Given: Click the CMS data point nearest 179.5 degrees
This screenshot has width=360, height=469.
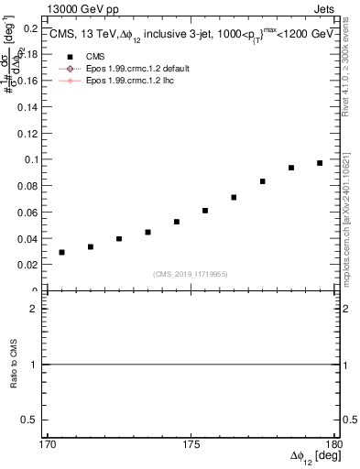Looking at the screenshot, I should click(320, 163).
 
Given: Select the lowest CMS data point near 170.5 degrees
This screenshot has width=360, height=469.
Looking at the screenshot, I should click(61, 252).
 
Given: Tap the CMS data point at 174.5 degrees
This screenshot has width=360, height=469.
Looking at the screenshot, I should click(176, 222).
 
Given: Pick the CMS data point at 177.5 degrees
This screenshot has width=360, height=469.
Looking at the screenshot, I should click(262, 181).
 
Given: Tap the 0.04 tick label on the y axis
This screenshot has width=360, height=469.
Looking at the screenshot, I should click(29, 238).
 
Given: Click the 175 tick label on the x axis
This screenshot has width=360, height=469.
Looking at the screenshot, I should click(191, 443).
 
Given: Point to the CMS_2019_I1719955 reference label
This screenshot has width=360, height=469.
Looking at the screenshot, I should click(190, 274).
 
